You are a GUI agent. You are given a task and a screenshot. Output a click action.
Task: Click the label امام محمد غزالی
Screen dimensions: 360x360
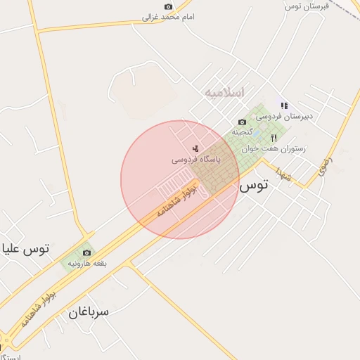coord(169,16)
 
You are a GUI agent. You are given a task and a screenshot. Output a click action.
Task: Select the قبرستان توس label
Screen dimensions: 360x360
coord(303,6)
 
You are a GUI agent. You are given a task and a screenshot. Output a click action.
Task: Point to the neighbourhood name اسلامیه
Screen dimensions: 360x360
coord(224,92)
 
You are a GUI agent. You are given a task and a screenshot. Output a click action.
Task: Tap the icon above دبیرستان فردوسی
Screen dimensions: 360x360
coord(284,105)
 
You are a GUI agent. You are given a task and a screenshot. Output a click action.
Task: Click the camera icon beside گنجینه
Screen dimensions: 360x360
coord(243,122)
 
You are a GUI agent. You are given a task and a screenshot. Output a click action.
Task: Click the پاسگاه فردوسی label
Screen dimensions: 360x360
coord(196,160)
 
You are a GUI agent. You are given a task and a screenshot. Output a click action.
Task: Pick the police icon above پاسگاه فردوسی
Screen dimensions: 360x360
coord(195,148)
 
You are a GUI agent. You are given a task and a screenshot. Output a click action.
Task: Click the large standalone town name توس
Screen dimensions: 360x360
coord(253,186)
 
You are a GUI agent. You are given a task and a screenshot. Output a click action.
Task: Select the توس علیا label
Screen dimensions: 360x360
coord(26,249)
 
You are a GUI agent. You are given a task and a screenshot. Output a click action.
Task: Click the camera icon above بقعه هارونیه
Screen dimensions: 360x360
coord(86,252)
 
